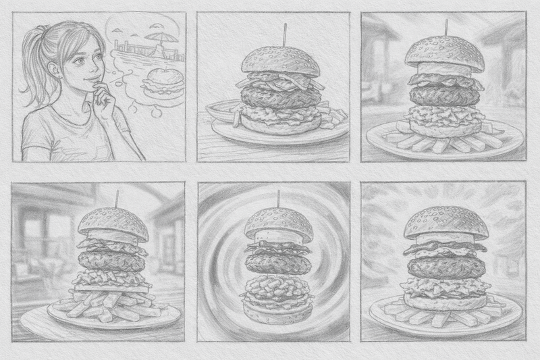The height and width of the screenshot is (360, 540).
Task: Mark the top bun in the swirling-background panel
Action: point(277,223)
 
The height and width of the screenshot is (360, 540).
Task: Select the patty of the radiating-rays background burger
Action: point(446,267)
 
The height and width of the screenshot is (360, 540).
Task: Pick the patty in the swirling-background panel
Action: point(277,260)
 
